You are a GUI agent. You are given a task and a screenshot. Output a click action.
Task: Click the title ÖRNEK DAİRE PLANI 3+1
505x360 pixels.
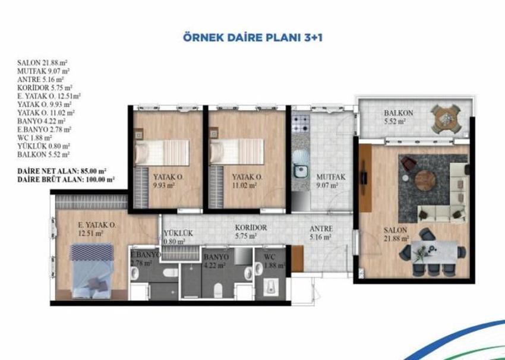[x=253, y=37]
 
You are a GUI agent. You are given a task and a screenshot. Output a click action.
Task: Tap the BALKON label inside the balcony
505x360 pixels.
[x=399, y=113]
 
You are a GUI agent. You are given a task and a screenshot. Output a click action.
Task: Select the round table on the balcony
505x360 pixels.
[x=446, y=118]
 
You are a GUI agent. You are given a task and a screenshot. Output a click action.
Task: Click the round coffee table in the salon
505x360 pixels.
[x=425, y=181]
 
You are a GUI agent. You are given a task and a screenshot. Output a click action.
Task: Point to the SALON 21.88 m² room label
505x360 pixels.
[x=396, y=235]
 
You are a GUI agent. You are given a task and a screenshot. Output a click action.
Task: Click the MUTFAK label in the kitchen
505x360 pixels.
[x=331, y=177]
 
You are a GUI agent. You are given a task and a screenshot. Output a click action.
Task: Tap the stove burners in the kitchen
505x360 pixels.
[x=301, y=124]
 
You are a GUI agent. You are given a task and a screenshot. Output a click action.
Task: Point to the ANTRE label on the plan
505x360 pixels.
[x=321, y=229]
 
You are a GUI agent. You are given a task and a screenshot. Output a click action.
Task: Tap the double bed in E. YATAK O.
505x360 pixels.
[x=91, y=271]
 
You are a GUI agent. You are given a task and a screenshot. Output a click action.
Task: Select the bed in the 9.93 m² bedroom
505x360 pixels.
[x=162, y=153]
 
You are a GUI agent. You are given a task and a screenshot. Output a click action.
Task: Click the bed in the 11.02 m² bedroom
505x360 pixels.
[x=236, y=151]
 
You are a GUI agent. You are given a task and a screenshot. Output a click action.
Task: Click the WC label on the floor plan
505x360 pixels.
[x=269, y=257]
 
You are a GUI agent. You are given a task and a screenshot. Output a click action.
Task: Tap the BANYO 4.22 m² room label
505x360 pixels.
[x=216, y=261]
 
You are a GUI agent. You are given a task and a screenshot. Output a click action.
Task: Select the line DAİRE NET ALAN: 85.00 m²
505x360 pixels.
[x=62, y=170]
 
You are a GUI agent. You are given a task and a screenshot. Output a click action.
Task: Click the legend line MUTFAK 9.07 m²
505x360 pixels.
[x=43, y=71]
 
